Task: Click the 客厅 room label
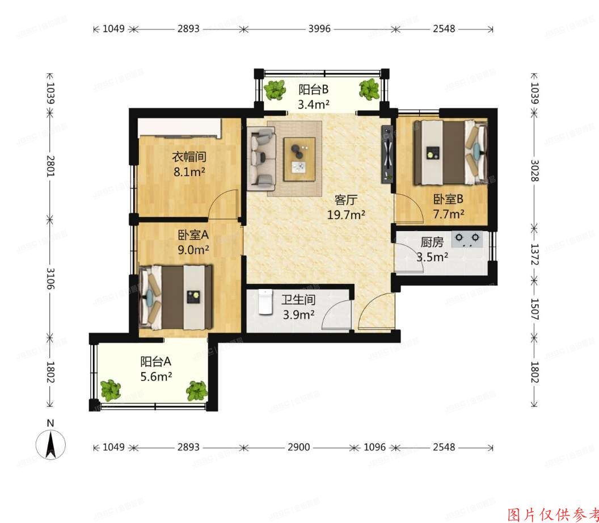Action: coord(345,200)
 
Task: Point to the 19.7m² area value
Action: coord(345,214)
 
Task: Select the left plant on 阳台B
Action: coord(276,90)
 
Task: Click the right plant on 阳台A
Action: coord(197,390)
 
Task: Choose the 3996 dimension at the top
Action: coord(319,28)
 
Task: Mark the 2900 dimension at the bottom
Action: coord(298,447)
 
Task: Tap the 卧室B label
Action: coord(449,199)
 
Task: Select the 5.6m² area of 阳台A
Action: coord(156,375)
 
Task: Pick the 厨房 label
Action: coord(432,242)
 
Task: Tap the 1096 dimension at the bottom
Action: coord(374,447)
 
